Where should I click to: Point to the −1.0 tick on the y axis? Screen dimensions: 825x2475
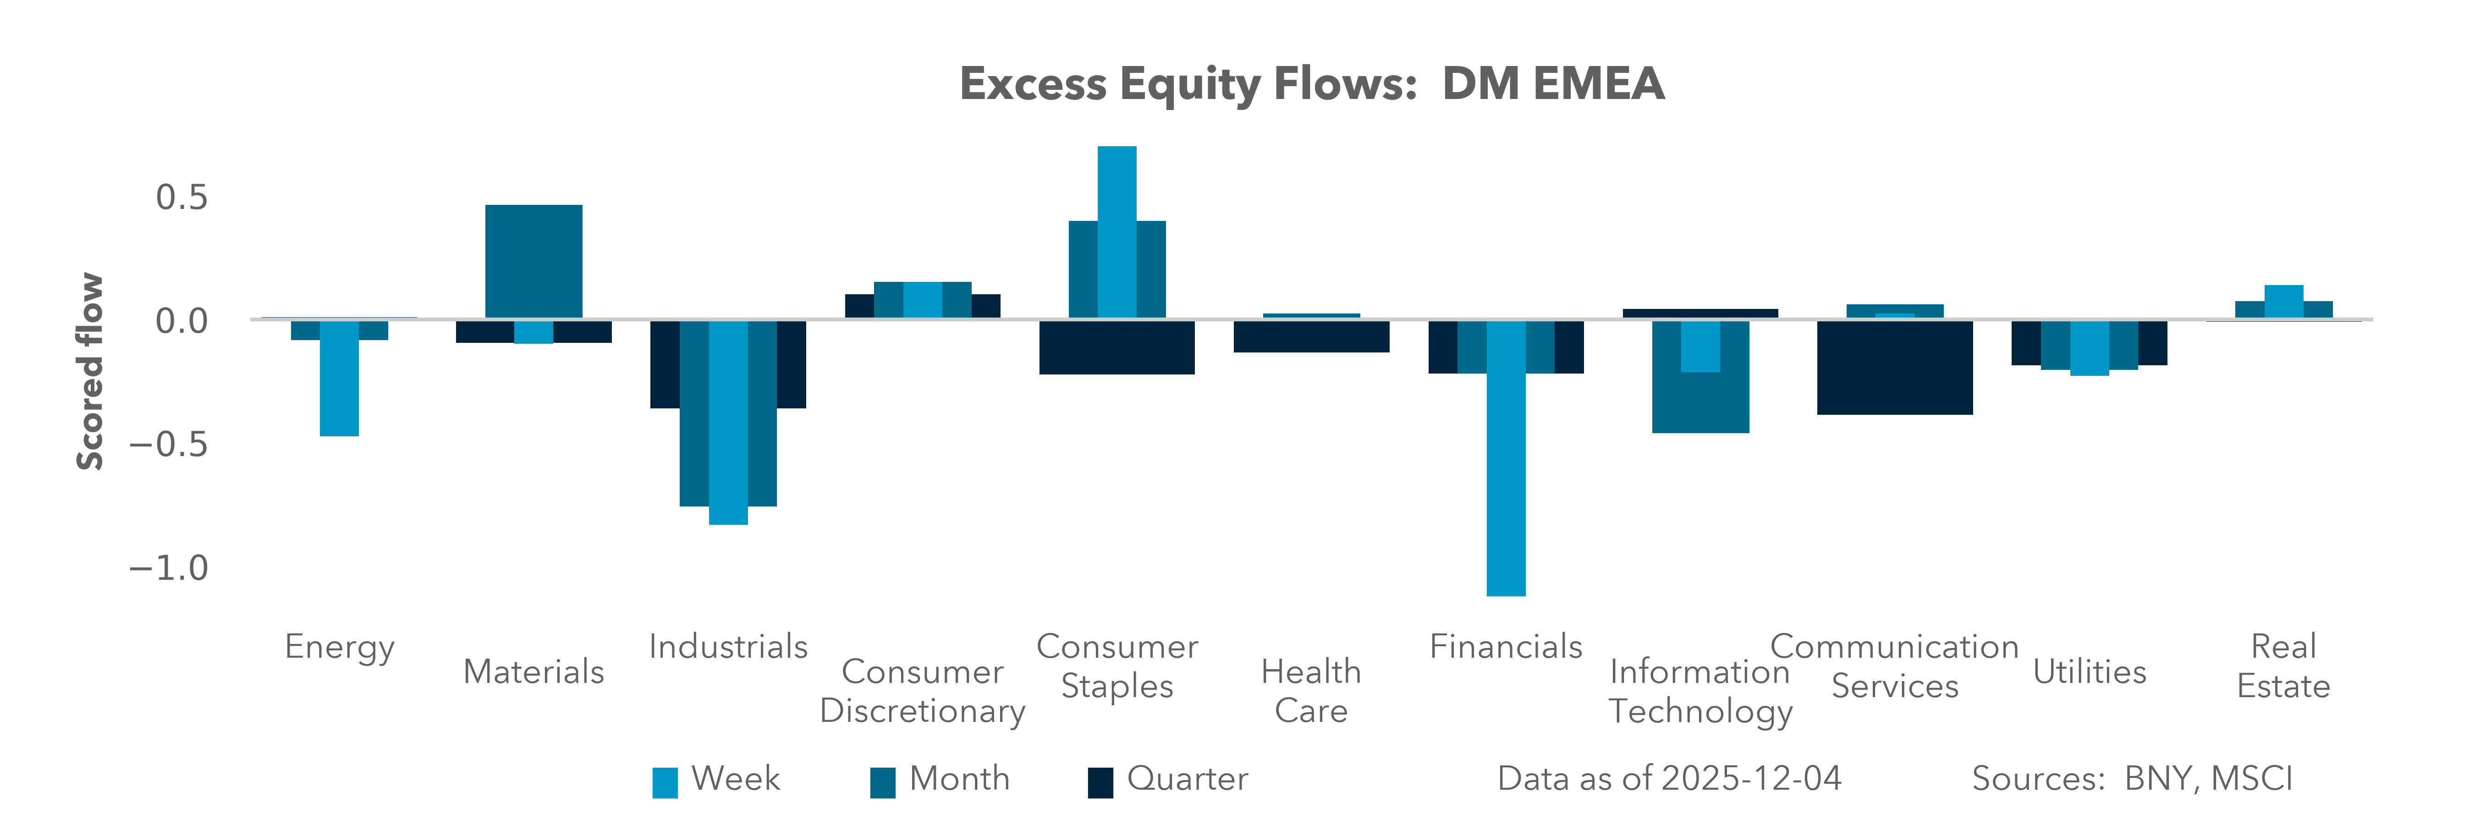[169, 567]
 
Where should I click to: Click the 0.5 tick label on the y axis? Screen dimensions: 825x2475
[181, 198]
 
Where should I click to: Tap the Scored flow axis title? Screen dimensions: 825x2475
[89, 372]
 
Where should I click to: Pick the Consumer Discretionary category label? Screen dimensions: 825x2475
[922, 691]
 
